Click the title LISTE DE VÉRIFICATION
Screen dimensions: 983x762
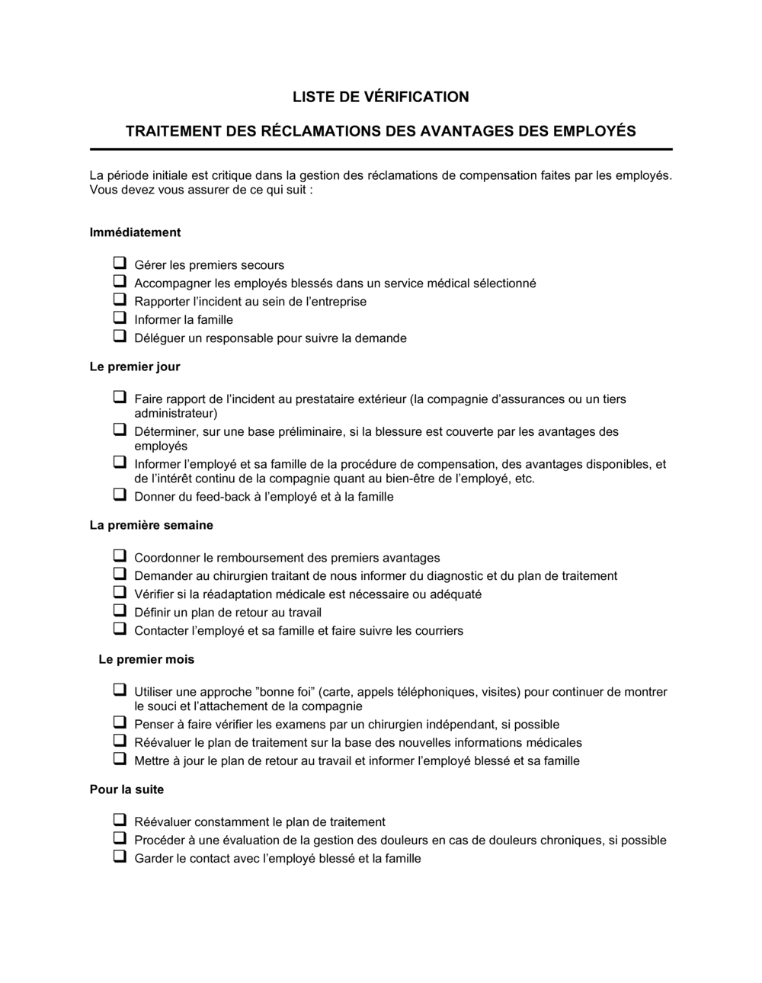pyautogui.click(x=380, y=97)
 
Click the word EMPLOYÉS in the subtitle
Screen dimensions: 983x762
pyautogui.click(x=594, y=131)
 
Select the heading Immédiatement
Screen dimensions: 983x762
pyautogui.click(x=135, y=232)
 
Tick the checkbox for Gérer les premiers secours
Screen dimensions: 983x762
pyautogui.click(x=120, y=264)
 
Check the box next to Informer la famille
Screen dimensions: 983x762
pyautogui.click(x=120, y=319)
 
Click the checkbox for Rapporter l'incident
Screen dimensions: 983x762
pyautogui.click(x=120, y=300)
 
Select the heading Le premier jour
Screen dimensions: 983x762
pyautogui.click(x=135, y=367)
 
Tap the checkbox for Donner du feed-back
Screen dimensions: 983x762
pyautogui.click(x=120, y=495)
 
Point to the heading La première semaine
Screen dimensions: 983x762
pyautogui.click(x=151, y=525)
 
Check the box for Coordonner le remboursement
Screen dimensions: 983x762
pyautogui.click(x=120, y=556)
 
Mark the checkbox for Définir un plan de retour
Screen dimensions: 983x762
pyautogui.click(x=120, y=611)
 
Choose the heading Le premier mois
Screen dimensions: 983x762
pyautogui.click(x=146, y=659)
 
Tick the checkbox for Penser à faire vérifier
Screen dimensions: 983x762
pyautogui.click(x=120, y=723)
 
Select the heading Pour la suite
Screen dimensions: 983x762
pyautogui.click(x=126, y=789)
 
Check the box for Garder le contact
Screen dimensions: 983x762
pyautogui.click(x=120, y=857)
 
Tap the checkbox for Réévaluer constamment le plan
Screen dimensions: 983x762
pyautogui.click(x=120, y=821)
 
